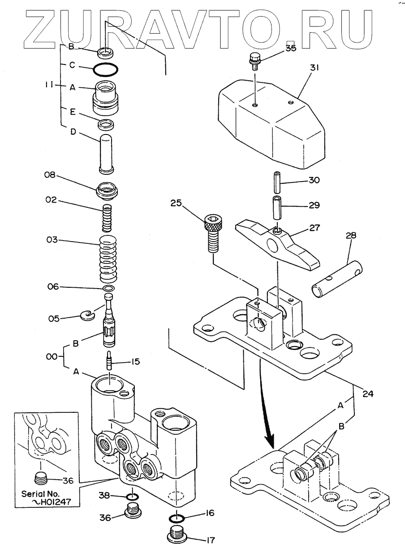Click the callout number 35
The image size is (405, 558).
click(291, 48)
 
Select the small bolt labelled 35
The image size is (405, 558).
click(254, 61)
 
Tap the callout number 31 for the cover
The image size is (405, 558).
click(314, 68)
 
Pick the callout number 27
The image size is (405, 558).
click(314, 228)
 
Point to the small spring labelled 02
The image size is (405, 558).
click(107, 218)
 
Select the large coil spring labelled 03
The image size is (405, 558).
click(108, 258)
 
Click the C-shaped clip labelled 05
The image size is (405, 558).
click(87, 316)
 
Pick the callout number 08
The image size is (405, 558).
click(50, 175)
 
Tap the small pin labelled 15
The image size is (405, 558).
click(109, 360)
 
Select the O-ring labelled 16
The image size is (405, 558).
click(177, 519)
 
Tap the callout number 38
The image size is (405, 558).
click(104, 495)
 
